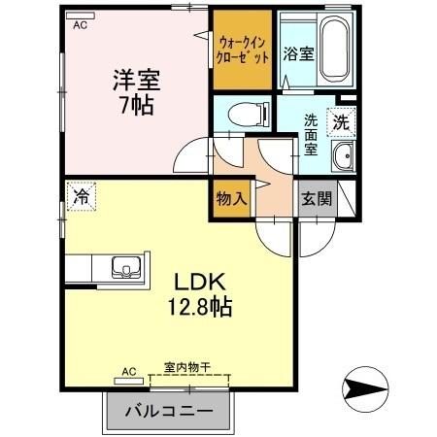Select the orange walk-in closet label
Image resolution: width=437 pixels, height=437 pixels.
pos(242,50)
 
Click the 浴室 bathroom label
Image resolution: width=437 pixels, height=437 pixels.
pos(297,53)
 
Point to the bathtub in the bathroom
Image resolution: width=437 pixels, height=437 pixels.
pos(333,50)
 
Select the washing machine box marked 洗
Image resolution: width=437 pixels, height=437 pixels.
pos(341,122)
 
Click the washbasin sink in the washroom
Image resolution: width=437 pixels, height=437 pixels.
pos(342,158)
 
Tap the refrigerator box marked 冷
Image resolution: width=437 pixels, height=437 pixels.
pos(82,197)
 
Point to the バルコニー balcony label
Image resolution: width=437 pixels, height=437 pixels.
pos(168,412)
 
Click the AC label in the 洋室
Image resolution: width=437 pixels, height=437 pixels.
pos(83,26)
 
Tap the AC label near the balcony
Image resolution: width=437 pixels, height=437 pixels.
pos(129,370)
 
